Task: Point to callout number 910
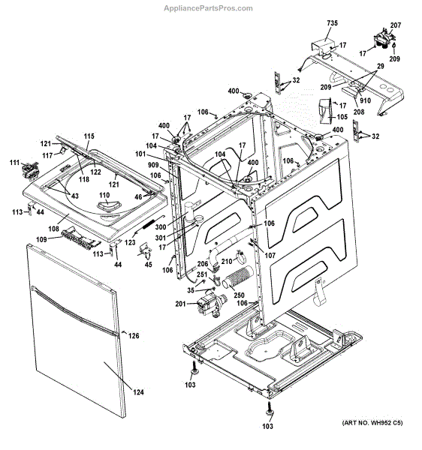[x=365, y=100]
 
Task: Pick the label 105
[x=342, y=117]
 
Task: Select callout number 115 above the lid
[x=89, y=136]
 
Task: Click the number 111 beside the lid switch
[x=14, y=163]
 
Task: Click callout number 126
[x=134, y=335]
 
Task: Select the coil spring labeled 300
[x=155, y=223]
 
